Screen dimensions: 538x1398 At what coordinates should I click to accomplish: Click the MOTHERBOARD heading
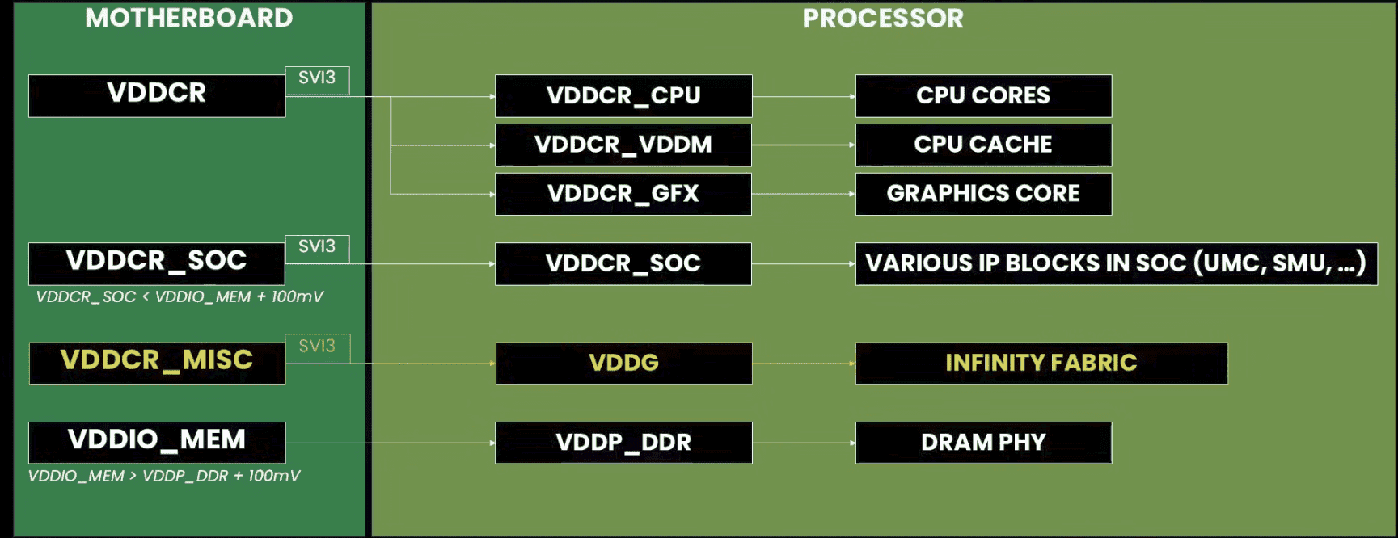pos(188,18)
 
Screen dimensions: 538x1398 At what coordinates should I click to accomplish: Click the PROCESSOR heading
pos(882,18)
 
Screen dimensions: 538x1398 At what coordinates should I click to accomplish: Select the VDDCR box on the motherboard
pos(157,95)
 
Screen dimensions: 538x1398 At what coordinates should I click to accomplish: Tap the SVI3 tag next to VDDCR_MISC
pos(317,347)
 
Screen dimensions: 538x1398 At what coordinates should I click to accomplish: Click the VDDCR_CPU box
pos(623,96)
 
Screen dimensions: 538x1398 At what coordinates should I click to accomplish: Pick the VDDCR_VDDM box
pos(623,145)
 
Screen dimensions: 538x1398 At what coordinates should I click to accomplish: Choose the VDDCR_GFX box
pos(623,194)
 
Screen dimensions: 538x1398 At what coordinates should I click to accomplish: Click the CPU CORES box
pos(983,96)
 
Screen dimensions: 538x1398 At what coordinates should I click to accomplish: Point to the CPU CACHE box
pos(983,145)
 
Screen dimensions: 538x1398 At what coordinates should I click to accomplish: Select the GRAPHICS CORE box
pos(983,194)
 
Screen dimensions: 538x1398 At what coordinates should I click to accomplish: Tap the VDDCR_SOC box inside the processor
pos(623,263)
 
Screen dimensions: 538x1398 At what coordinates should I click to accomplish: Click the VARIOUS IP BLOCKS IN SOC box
pos(1116,263)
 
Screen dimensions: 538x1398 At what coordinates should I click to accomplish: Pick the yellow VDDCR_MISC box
pos(157,362)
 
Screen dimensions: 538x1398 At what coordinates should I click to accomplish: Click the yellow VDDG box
pos(623,363)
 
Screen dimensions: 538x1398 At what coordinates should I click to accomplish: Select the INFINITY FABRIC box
pos(1041,363)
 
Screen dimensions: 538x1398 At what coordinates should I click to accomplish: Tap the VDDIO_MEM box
pos(157,442)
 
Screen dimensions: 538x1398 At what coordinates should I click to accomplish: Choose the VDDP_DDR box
pos(623,443)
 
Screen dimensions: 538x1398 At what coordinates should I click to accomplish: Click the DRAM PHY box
pos(983,443)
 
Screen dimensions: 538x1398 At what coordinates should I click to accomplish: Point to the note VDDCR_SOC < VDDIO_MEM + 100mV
pos(180,296)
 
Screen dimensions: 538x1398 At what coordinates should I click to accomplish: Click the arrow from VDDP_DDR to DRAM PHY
pos(804,443)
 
